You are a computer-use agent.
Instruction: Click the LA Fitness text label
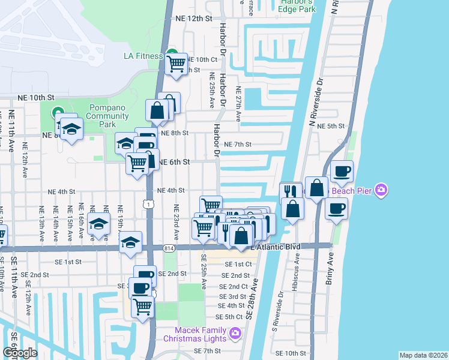(143, 56)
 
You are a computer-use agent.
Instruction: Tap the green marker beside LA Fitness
(172, 53)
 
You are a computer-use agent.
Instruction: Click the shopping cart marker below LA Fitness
(176, 63)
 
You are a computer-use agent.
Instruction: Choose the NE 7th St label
(237, 145)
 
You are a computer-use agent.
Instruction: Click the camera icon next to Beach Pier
(381, 191)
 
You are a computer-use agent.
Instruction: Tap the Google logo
(20, 352)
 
